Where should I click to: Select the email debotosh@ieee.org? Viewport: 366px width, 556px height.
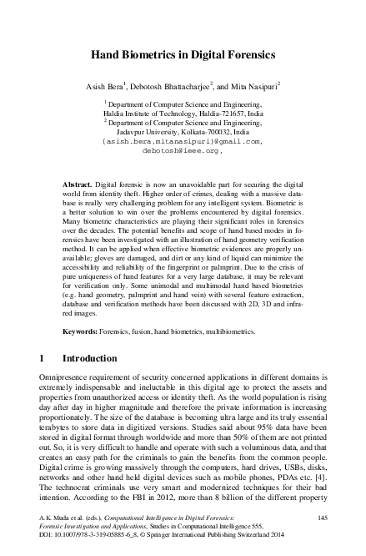(183, 152)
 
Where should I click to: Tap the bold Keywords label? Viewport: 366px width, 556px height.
(84, 331)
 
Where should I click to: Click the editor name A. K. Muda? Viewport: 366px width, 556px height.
(58, 519)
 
